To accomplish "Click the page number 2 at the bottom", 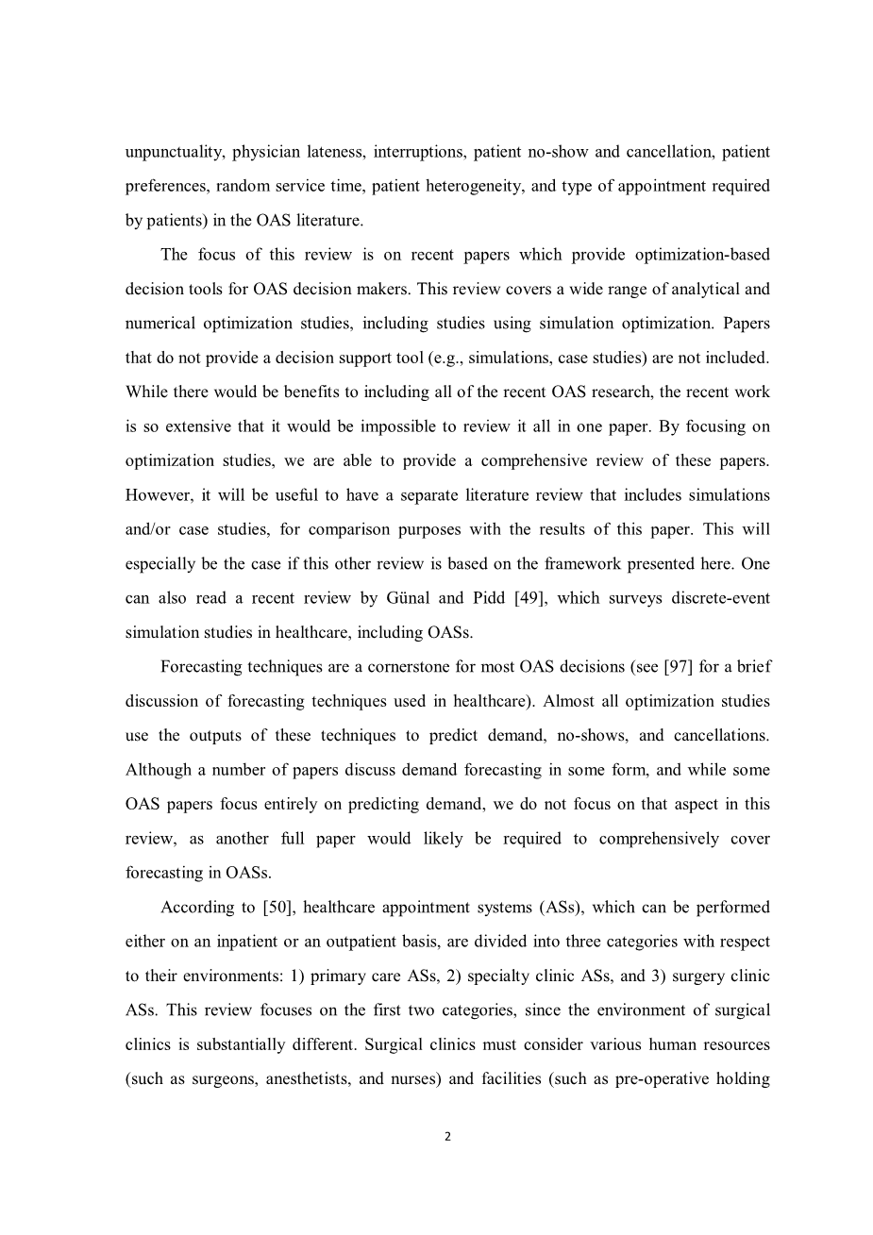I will point(447,1137).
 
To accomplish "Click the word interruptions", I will point(419,152).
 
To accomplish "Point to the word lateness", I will point(329,152).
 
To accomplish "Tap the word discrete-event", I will point(716,598).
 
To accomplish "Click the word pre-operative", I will point(663,1079).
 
